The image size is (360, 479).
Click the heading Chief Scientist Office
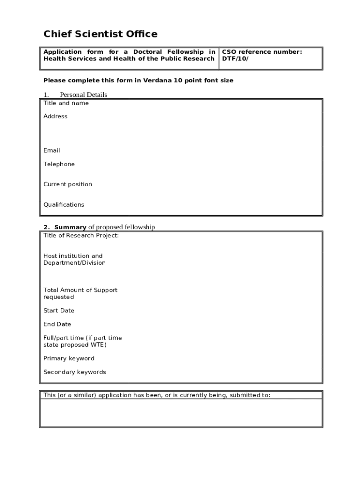click(x=101, y=34)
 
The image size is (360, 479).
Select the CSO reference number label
click(x=262, y=52)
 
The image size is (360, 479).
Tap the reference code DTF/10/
click(x=235, y=59)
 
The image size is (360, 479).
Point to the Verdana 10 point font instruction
click(x=138, y=80)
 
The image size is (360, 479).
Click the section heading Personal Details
click(x=83, y=94)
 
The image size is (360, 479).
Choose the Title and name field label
click(x=66, y=103)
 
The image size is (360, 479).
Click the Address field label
click(x=55, y=116)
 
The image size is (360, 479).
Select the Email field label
click(x=51, y=151)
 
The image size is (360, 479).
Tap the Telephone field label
click(x=59, y=164)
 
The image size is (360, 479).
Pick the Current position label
click(x=68, y=184)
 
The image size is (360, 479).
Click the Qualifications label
click(x=64, y=205)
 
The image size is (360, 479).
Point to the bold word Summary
click(x=70, y=227)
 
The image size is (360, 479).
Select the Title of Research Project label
click(x=81, y=236)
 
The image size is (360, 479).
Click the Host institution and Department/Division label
click(x=74, y=260)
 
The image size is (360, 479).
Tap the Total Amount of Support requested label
click(x=80, y=294)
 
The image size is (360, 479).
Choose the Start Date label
click(x=59, y=311)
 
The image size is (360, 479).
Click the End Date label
click(x=57, y=324)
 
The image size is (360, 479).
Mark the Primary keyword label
click(x=69, y=359)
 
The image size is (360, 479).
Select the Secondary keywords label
click(x=74, y=372)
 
